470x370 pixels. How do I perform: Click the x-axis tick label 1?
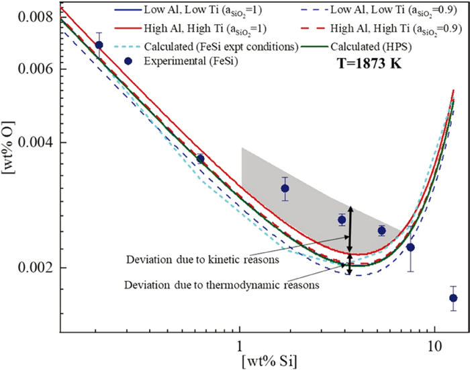240,345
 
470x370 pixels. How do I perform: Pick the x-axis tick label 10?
434,345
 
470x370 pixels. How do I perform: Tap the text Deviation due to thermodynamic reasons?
222,284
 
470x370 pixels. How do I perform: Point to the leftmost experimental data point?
99,45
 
